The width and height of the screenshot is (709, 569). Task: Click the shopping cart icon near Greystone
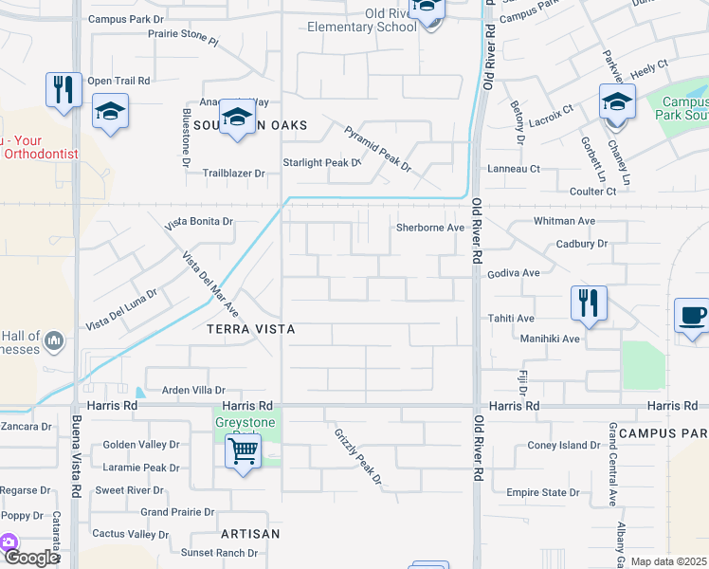click(245, 451)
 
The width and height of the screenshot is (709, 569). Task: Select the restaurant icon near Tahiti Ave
click(588, 303)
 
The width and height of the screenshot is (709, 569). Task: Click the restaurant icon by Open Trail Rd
click(63, 90)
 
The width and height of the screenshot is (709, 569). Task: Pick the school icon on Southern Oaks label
click(236, 119)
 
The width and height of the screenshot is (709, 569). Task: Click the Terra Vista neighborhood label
click(251, 329)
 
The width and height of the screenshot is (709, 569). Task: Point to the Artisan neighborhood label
click(250, 534)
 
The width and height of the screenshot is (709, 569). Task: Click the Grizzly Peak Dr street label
click(357, 456)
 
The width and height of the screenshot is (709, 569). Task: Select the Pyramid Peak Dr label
click(378, 148)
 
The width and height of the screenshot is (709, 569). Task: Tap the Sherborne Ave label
click(429, 228)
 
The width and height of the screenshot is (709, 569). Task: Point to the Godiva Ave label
click(513, 273)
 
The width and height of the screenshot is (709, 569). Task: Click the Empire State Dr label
click(543, 492)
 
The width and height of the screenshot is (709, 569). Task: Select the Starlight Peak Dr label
click(322, 163)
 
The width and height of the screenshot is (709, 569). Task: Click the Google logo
click(30, 559)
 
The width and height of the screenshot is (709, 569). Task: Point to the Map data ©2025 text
click(668, 561)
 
